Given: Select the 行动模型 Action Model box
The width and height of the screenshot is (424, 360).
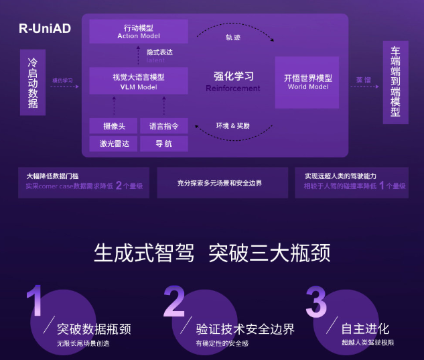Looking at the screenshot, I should point(138,32).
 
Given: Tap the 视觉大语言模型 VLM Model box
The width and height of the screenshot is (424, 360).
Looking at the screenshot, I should point(138,81).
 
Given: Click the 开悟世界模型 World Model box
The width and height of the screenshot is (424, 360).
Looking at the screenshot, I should point(307,82).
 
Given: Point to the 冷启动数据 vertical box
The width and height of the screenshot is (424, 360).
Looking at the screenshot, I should point(32,82).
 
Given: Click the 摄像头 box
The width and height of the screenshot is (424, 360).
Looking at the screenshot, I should point(113,126).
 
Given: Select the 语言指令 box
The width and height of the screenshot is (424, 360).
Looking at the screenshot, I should point(163,126).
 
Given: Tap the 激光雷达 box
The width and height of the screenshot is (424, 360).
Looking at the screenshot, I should point(113,143).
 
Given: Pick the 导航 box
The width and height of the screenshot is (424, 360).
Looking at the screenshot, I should point(163,143).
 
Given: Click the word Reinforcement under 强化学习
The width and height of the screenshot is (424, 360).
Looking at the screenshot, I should point(232,88).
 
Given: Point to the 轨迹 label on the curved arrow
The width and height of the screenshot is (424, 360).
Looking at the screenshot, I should point(232,38).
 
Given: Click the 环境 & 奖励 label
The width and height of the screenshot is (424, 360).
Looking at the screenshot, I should point(232,125).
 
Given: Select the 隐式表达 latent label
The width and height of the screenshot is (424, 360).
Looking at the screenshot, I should point(159,56).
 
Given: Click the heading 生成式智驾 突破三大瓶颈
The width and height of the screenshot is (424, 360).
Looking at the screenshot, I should point(212,253).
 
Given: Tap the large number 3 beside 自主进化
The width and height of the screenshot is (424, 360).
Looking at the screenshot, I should point(316,303).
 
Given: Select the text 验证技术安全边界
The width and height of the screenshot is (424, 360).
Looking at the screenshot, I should point(245,329).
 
